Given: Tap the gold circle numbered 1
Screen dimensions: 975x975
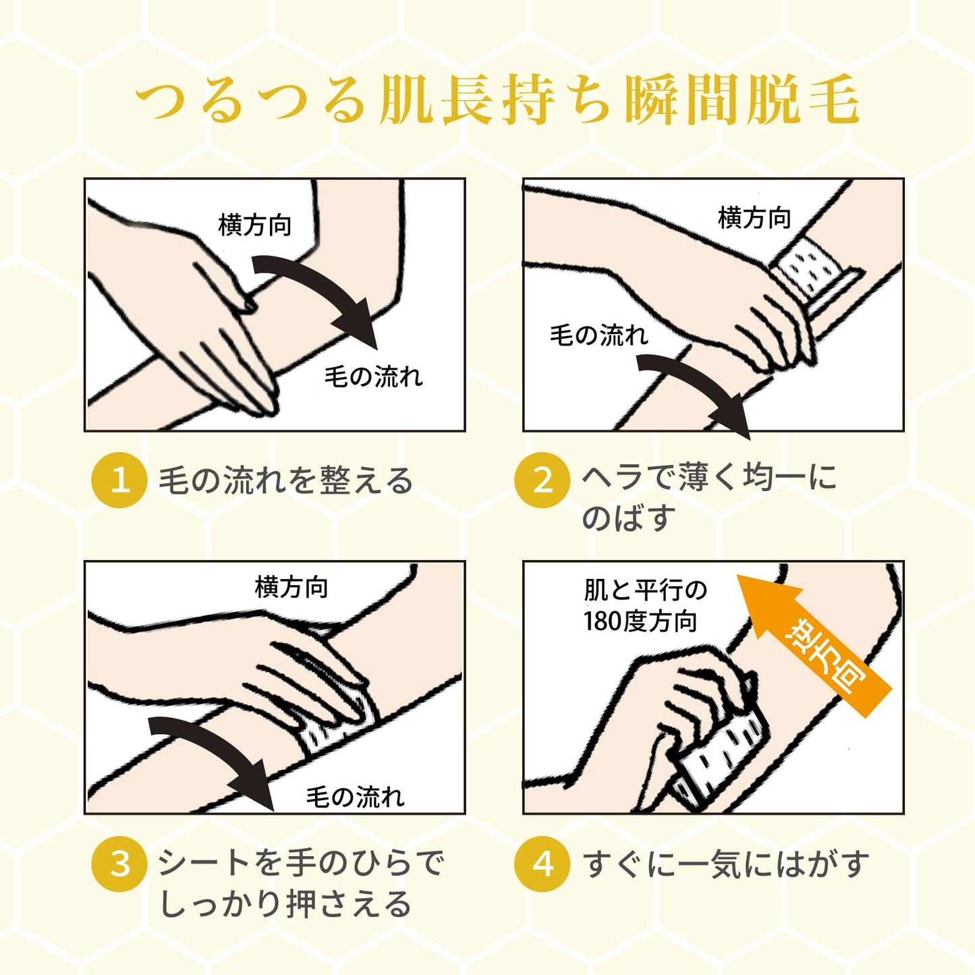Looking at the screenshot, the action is point(119,480).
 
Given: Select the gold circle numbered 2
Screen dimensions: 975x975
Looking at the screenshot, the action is point(543,480).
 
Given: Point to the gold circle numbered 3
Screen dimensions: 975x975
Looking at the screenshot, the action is point(119,863).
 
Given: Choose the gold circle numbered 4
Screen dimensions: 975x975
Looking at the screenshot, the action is point(543,863).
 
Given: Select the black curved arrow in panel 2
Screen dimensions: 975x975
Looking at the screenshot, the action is point(698,385).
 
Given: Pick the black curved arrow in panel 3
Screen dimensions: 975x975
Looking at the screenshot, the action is point(213,754).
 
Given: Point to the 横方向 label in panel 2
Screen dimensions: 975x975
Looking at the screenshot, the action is point(754,218).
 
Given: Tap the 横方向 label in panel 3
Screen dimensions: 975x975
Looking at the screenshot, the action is point(291,588).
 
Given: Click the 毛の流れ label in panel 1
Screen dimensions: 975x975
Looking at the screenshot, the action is point(373,377).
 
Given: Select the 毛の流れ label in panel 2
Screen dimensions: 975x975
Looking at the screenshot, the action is point(599,335).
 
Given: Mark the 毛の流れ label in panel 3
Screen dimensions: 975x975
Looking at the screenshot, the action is point(355,797).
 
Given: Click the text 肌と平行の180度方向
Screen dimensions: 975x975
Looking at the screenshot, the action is point(645,606).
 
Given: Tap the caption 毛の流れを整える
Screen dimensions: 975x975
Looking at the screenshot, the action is point(286,480).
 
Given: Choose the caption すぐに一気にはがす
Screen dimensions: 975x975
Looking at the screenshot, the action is point(726,863).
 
